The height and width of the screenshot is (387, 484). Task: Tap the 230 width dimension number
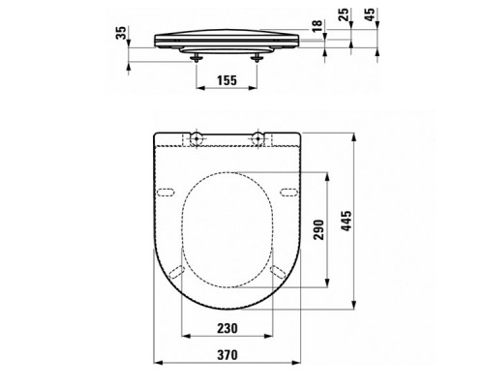coord(228,328)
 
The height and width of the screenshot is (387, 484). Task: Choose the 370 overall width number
coord(228,356)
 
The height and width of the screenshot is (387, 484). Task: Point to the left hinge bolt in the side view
coord(198,57)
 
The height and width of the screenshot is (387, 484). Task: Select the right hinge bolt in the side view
coord(259,57)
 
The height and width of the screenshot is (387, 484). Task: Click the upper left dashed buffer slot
coord(166,190)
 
